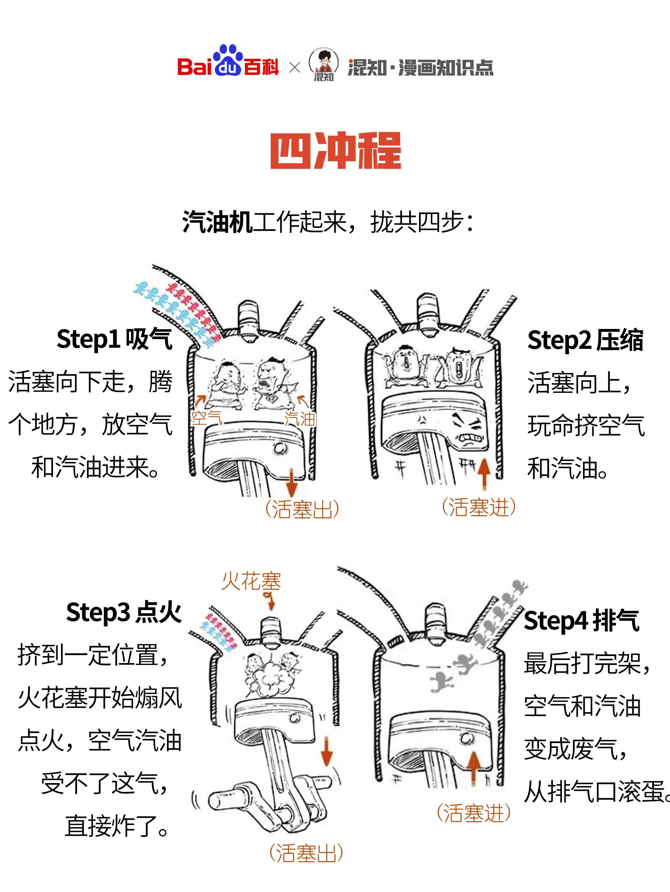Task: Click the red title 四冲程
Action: [335, 150]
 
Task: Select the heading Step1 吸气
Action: [115, 339]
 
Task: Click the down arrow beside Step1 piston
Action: [291, 482]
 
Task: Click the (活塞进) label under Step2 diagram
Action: [478, 507]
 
